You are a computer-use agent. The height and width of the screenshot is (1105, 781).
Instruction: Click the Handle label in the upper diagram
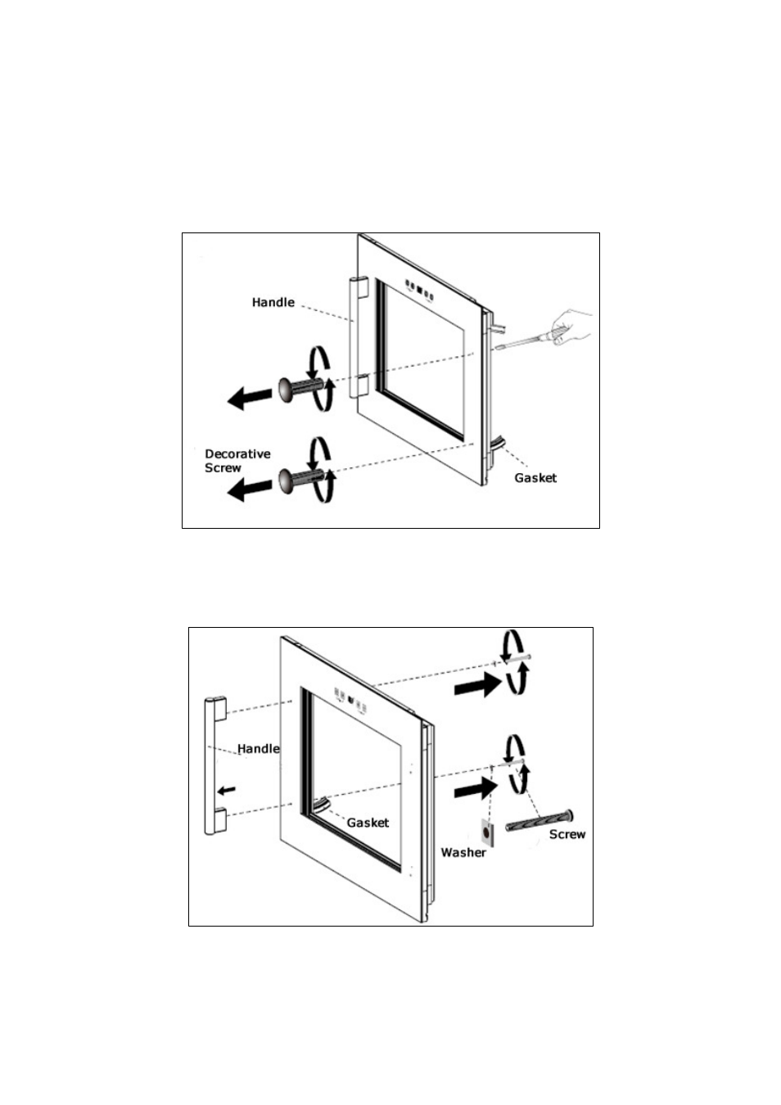[273, 302]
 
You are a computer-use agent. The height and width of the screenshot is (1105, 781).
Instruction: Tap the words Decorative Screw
[237, 461]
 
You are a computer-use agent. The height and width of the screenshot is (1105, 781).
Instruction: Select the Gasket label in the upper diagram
[535, 477]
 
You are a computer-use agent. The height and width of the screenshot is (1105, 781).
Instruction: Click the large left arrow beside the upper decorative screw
[249, 397]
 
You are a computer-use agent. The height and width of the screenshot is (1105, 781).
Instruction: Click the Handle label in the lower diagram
[259, 749]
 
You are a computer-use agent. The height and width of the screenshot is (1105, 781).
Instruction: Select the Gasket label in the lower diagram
[368, 823]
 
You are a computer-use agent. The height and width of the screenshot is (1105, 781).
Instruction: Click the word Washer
[463, 852]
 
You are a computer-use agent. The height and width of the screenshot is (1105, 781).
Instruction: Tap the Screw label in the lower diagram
[567, 834]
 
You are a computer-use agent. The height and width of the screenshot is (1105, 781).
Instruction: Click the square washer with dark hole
[487, 832]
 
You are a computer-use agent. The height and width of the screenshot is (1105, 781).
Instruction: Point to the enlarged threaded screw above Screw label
[539, 820]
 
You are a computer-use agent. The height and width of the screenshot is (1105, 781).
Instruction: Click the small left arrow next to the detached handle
[227, 790]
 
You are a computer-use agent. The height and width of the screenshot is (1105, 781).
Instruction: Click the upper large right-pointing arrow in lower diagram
[477, 685]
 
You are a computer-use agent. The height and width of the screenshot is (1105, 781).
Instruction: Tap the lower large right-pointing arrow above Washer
[476, 789]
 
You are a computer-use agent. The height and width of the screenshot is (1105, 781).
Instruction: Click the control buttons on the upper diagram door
[420, 291]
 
